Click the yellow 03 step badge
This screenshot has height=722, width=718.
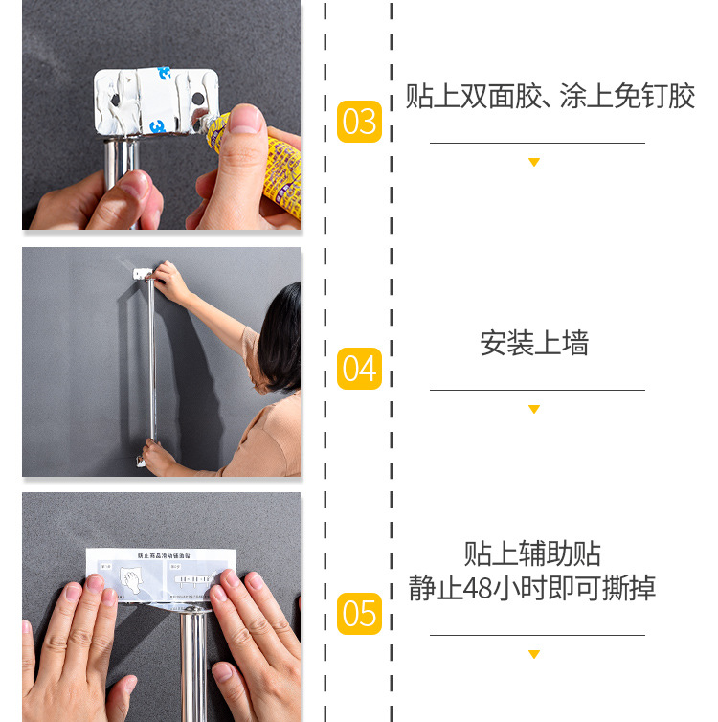point(359,122)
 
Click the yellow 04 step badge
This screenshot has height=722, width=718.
point(359,369)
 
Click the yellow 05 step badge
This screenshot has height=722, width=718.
point(359,614)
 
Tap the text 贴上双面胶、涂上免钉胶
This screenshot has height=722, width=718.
point(550,97)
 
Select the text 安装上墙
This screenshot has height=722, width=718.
point(534,343)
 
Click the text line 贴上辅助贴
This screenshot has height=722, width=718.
point(532,553)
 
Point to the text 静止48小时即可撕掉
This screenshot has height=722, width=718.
point(532,587)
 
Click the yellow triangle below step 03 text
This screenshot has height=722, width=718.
point(534,163)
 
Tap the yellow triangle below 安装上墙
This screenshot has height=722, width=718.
point(534,410)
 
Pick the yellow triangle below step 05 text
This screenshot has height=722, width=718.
point(534,655)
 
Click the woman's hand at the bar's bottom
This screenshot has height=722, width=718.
point(156,457)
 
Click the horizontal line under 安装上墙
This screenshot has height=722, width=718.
point(536,390)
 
